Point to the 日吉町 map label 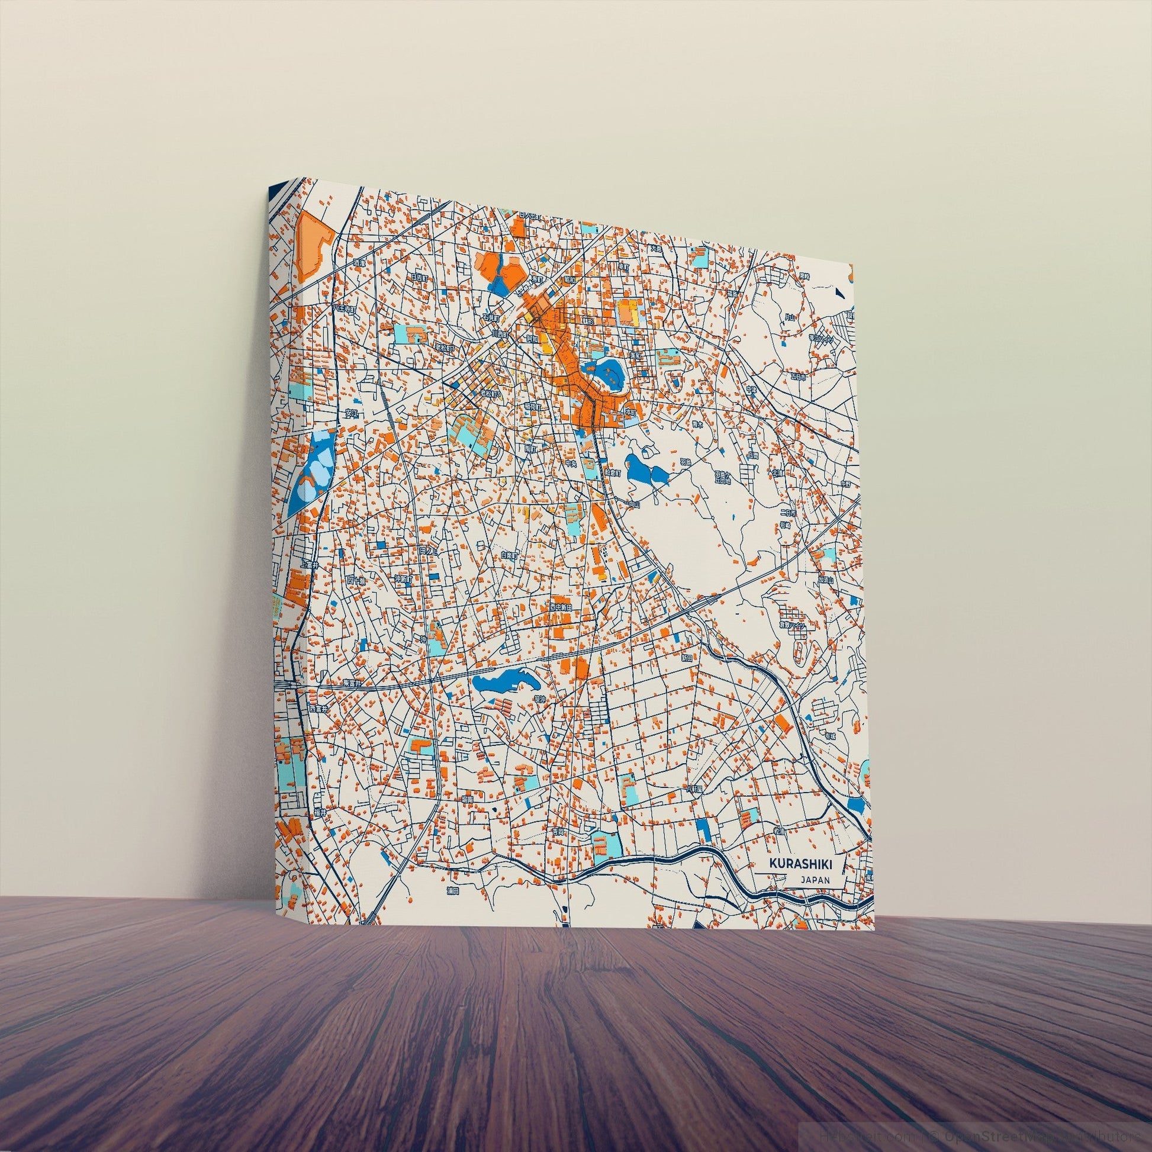pyautogui.click(x=419, y=276)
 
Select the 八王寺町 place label pyautogui.click(x=343, y=310)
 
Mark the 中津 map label pyautogui.click(x=751, y=388)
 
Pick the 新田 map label pyautogui.click(x=687, y=658)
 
